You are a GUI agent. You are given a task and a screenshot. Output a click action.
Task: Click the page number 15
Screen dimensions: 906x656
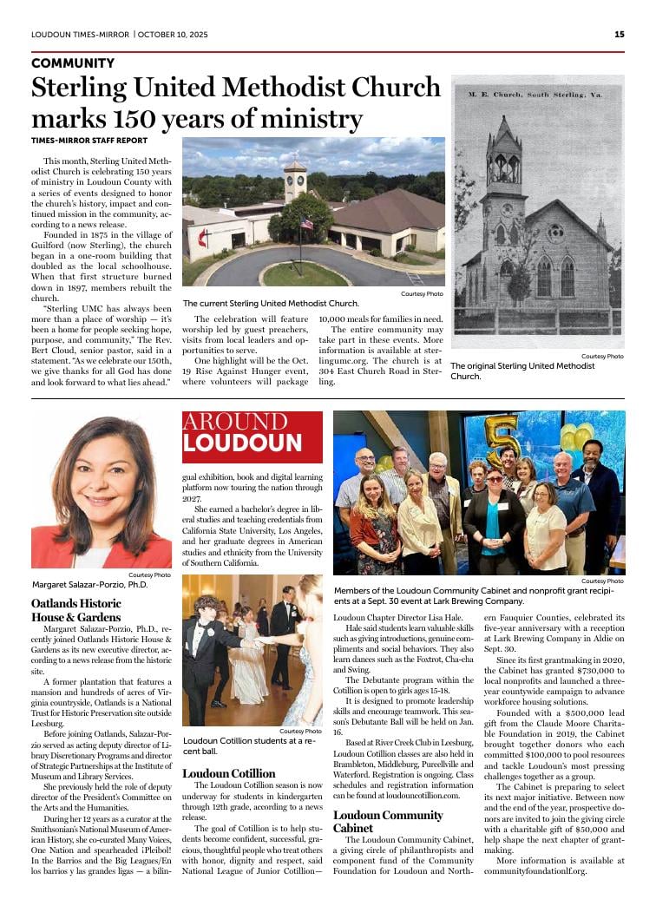[x=619, y=35]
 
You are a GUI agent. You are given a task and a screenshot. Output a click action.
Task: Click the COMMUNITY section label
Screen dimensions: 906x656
[x=73, y=63]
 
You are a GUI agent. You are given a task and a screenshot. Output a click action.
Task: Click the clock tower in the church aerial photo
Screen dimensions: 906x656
[x=295, y=179]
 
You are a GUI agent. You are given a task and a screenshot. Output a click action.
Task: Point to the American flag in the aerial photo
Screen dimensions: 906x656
[x=305, y=224]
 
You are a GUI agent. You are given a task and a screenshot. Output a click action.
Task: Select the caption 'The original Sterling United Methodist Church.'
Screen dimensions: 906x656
[x=522, y=371]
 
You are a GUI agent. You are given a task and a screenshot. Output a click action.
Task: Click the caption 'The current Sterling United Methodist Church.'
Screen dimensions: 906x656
[x=270, y=304]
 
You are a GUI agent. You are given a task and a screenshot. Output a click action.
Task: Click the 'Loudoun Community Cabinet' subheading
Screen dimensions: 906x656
[x=388, y=821]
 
